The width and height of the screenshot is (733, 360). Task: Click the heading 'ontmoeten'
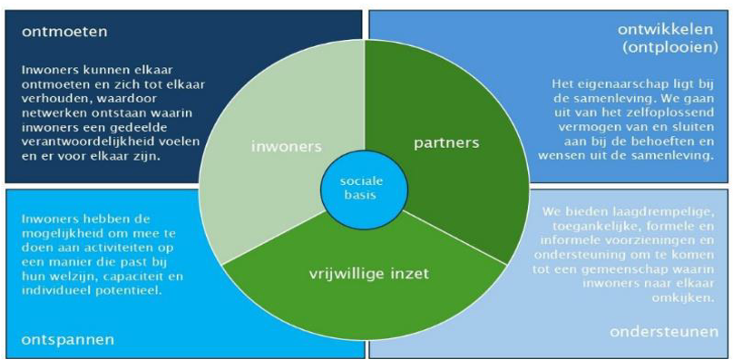64,33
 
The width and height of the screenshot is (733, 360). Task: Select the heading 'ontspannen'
68,338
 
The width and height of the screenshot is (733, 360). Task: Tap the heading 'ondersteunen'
664,332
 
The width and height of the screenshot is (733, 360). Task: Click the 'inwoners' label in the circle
287,146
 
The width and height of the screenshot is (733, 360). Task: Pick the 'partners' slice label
447,142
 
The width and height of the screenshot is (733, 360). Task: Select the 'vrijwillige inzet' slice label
369,274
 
